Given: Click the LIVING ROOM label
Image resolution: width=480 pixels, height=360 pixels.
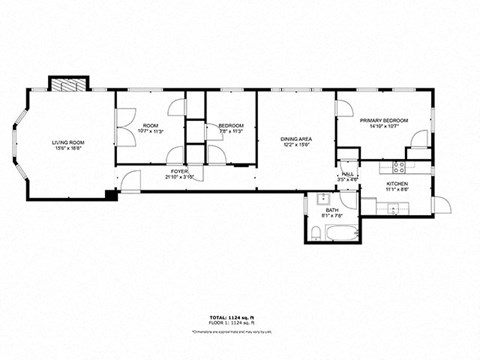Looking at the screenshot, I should (x=69, y=143).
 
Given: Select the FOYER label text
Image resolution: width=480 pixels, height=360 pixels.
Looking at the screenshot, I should (x=179, y=171).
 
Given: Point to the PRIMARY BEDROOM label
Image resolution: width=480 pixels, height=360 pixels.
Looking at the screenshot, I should (x=384, y=120).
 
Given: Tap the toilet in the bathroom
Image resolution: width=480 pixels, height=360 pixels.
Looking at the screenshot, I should (x=316, y=233).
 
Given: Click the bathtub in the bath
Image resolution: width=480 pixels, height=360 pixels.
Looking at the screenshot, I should (x=342, y=233).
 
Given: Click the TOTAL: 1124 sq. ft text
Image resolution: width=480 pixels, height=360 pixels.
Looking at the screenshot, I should (x=240, y=314).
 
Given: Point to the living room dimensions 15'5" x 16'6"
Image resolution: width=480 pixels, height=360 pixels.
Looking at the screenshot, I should (x=69, y=149).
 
